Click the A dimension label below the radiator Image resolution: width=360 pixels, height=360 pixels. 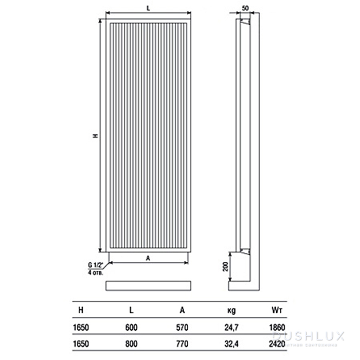coord(148,259)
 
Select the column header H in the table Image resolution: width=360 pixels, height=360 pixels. coord(80,310)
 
